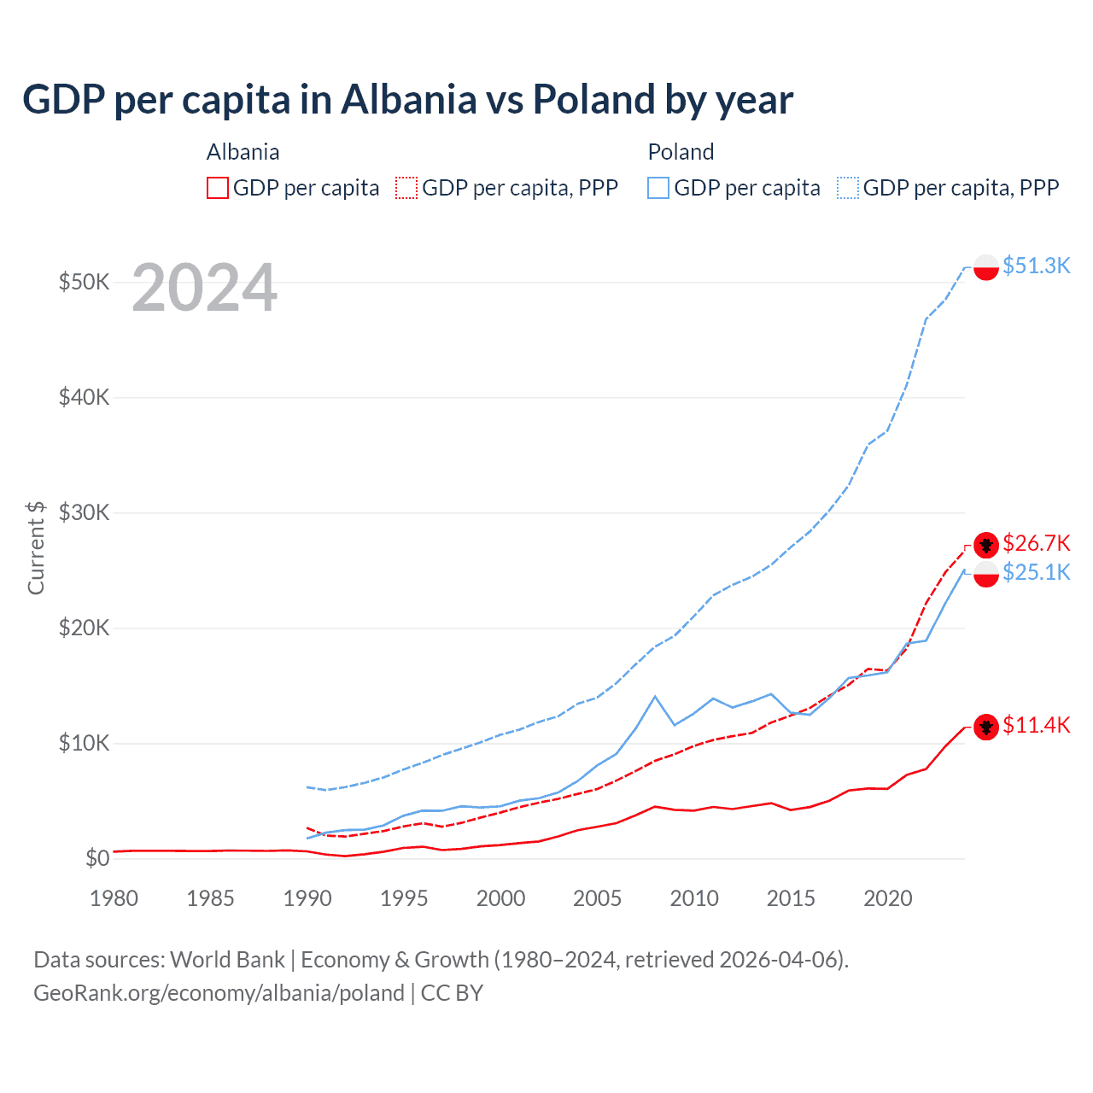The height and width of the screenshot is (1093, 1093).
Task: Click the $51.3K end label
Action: coord(1036,266)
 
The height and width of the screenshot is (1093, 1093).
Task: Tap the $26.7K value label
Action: coord(1036,543)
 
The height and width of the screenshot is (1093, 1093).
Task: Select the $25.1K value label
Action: coord(1036,572)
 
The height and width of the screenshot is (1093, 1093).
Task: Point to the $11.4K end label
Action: coord(1036,725)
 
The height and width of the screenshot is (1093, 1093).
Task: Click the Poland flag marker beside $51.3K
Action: coord(986,267)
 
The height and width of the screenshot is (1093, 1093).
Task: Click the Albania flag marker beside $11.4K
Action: coord(986,727)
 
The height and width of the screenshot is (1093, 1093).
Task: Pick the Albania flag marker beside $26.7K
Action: coord(986,545)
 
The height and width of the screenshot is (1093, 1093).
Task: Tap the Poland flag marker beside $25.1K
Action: coord(986,574)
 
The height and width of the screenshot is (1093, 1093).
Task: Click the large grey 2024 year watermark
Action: coord(204,288)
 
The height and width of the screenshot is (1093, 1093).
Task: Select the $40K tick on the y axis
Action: coord(84,397)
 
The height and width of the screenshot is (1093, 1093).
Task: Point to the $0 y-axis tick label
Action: coord(97,858)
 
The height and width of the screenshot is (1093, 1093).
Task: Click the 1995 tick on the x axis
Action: coord(404,898)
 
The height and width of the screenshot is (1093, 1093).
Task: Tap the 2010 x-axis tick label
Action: coord(694,898)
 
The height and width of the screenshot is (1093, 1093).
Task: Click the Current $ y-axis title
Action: coord(36,547)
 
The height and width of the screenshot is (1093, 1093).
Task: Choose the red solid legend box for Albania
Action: coord(218,188)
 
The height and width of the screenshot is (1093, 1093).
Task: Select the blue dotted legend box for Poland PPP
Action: coord(848,188)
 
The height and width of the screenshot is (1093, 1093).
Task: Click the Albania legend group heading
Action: coord(243,152)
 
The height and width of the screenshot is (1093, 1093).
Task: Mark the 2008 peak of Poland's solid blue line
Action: coord(655,697)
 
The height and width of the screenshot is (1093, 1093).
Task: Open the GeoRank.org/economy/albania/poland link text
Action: coord(219,993)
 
